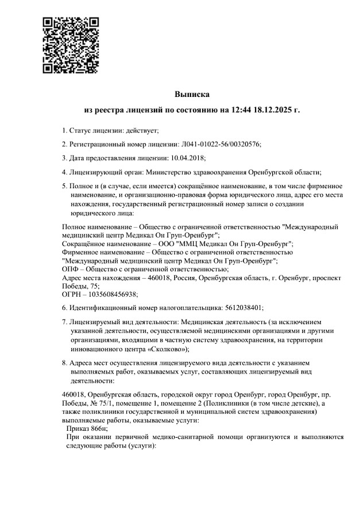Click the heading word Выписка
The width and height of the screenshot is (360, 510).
point(192,94)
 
